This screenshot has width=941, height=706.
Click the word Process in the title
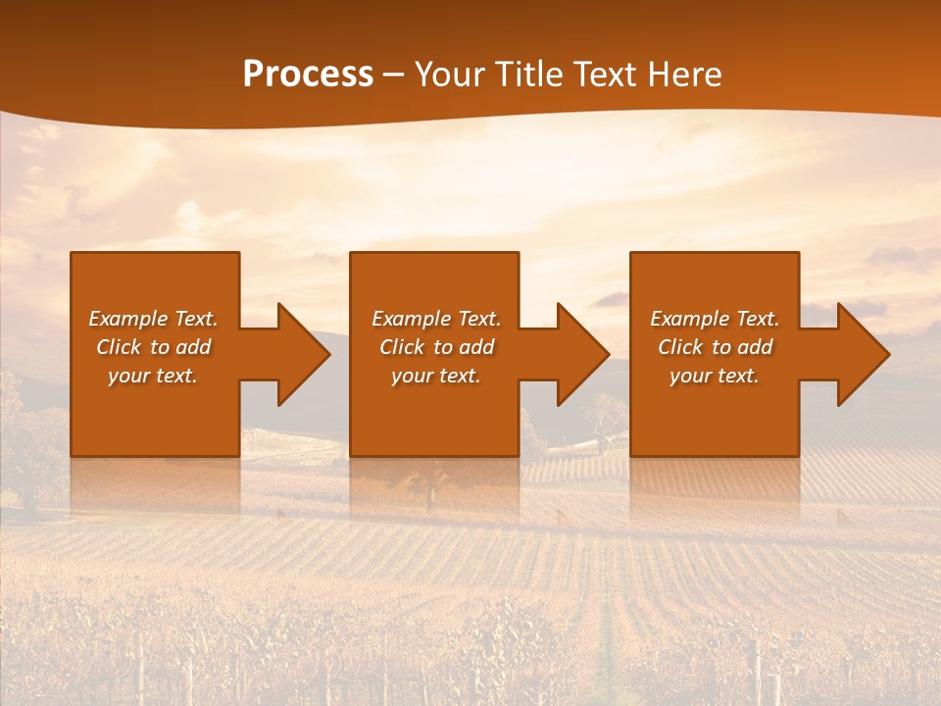tap(308, 75)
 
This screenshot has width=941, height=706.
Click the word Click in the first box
tap(119, 347)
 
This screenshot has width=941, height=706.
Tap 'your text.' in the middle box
tap(435, 376)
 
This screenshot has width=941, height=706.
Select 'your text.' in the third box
tap(714, 376)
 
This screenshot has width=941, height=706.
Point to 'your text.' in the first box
tap(152, 376)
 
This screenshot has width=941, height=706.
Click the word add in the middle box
tap(476, 347)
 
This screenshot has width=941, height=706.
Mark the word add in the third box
tap(755, 347)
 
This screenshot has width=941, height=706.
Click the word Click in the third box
tap(680, 347)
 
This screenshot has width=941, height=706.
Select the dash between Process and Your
tap(393, 75)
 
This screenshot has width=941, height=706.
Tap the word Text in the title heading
tap(604, 75)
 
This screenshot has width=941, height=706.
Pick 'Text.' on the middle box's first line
tap(479, 319)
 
